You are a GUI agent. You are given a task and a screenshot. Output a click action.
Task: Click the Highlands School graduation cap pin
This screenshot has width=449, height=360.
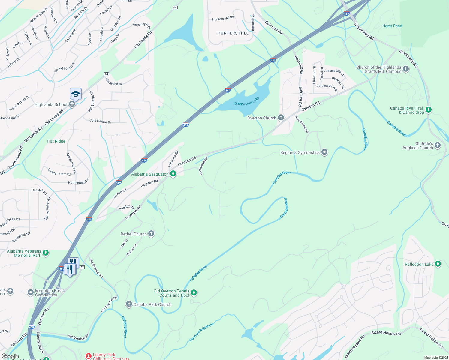(76, 94)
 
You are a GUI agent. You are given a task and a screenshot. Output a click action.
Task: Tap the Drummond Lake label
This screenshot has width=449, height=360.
(247, 101)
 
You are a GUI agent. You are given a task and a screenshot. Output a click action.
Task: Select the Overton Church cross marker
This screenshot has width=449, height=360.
(281, 117)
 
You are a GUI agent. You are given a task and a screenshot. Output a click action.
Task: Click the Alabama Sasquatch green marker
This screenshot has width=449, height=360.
(173, 174)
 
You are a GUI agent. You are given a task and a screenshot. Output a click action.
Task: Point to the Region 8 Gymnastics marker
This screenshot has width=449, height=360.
(324, 152)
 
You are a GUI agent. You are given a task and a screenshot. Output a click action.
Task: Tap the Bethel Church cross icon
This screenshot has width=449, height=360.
(151, 234)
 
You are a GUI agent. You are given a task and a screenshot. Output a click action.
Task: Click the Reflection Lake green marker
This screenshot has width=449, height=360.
(438, 264)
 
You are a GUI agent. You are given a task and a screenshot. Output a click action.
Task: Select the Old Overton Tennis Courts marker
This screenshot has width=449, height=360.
(194, 292)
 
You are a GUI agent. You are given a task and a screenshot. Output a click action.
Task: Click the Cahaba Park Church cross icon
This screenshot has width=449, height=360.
(129, 304)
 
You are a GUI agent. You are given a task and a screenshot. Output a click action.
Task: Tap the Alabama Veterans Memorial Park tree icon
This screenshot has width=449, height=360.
(46, 253)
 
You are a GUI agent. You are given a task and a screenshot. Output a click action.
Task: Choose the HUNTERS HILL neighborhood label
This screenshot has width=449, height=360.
(233, 33)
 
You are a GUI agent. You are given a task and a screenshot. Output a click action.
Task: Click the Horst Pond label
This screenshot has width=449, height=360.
(392, 26)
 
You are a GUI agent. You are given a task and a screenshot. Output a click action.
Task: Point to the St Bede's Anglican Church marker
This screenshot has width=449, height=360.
(438, 145)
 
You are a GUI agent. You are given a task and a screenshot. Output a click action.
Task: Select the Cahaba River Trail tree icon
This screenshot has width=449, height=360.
(429, 110)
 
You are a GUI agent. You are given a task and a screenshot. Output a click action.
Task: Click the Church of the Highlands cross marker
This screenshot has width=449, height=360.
(406, 69)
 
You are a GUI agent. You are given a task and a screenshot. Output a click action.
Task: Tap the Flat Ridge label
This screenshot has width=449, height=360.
(56, 141)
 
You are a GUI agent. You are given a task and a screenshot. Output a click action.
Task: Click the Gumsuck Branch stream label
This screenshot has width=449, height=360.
(201, 332)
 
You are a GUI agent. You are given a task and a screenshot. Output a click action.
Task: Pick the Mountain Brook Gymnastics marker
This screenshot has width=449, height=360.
(30, 292)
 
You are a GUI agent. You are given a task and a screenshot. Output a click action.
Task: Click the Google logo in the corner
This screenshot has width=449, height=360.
(10, 356)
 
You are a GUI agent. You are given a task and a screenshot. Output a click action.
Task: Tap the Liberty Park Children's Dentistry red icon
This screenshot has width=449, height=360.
(89, 356)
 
